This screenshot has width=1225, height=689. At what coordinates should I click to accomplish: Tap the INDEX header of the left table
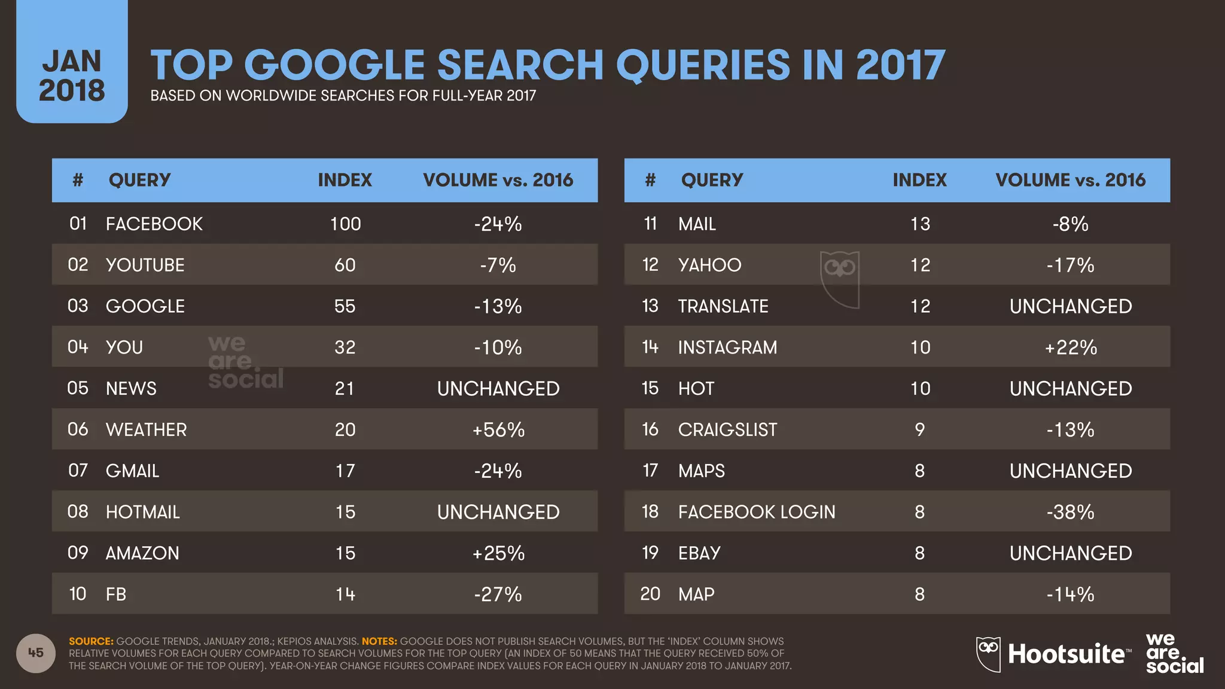click(345, 180)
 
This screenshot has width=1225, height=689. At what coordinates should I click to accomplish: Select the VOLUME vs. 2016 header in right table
click(1070, 180)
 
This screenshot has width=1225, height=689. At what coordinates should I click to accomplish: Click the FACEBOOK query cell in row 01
click(154, 224)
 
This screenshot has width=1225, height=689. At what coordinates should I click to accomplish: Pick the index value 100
click(345, 224)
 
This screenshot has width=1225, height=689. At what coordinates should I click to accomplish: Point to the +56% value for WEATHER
click(498, 429)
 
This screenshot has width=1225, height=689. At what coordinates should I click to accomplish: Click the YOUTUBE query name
click(145, 265)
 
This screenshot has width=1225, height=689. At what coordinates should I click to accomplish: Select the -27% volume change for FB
click(498, 594)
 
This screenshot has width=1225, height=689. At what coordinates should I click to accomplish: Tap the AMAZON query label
click(142, 553)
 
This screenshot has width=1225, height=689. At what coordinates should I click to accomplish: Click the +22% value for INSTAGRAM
click(1070, 347)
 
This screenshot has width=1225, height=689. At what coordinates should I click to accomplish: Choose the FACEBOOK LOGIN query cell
click(756, 512)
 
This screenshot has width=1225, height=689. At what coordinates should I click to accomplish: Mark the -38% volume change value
click(1070, 512)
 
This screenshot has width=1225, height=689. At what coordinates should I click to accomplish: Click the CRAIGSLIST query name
click(727, 429)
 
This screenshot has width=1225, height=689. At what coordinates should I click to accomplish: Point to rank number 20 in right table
click(650, 594)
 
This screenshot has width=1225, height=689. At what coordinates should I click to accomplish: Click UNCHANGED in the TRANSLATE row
click(1070, 306)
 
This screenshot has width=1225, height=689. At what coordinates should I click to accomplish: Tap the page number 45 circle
click(36, 653)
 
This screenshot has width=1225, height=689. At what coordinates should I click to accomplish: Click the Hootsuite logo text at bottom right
click(1066, 654)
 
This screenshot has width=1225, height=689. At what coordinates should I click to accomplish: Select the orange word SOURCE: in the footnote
click(91, 641)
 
